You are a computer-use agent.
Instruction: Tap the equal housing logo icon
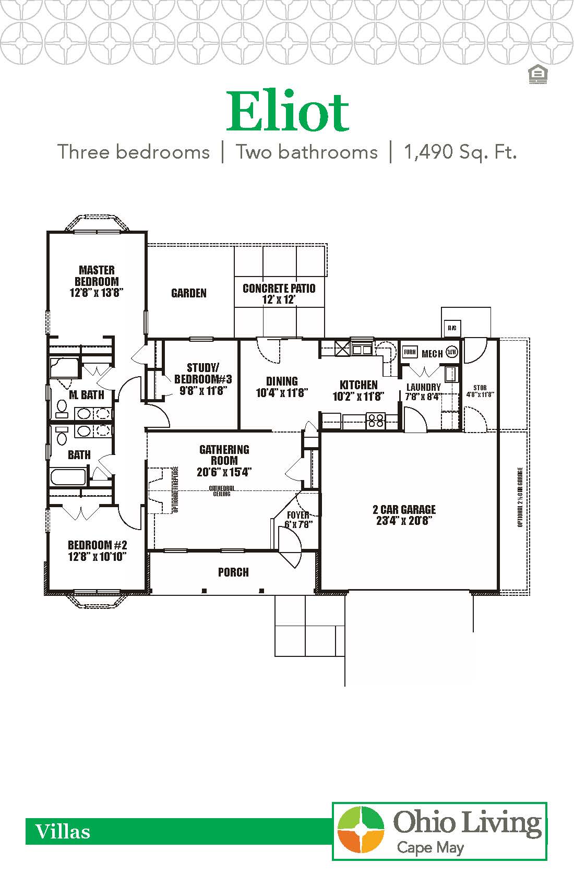(x=537, y=75)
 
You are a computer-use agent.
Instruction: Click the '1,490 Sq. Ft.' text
(x=460, y=152)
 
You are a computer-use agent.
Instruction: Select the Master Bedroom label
(x=97, y=281)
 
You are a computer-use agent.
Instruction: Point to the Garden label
(x=189, y=293)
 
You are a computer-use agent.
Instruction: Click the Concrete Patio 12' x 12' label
(x=279, y=293)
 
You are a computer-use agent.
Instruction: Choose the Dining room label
(x=282, y=387)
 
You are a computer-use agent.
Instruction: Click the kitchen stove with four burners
(x=376, y=420)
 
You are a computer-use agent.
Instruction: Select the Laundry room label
(x=423, y=391)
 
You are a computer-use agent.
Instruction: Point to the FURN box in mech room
(x=410, y=352)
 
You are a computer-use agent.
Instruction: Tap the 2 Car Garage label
(x=404, y=515)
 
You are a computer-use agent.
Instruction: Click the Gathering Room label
(x=224, y=461)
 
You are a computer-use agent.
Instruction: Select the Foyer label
(x=298, y=520)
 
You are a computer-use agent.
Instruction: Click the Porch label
(x=233, y=572)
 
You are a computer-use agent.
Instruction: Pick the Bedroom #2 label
(x=97, y=550)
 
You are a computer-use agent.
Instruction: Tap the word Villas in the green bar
(x=63, y=831)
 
